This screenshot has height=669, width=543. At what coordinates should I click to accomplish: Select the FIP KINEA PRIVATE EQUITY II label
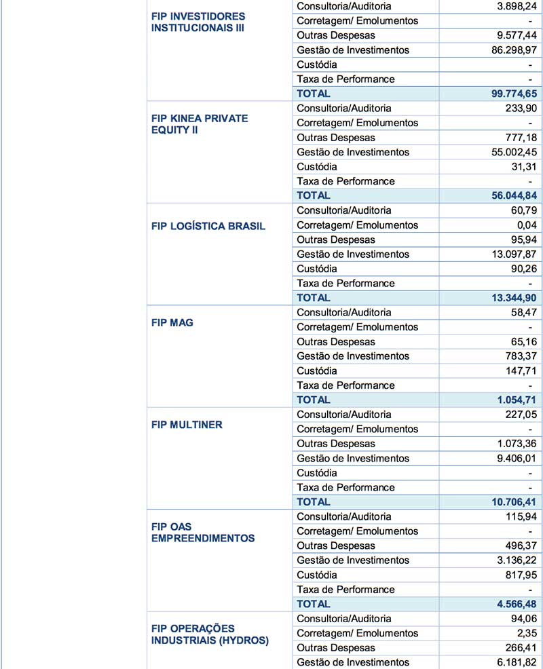200,123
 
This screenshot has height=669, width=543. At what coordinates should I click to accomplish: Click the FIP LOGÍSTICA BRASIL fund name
208,226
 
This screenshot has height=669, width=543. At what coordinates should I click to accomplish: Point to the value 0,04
525,225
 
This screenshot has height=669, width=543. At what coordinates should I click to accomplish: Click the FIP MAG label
172,323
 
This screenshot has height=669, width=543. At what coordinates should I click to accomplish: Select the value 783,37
519,356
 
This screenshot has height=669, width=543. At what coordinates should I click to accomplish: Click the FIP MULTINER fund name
187,425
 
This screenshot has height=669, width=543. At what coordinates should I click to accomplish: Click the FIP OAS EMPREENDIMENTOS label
203,533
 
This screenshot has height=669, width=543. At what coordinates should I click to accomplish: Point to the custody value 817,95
519,575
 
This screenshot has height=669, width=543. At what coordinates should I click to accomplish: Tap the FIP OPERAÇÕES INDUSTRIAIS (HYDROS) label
210,634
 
